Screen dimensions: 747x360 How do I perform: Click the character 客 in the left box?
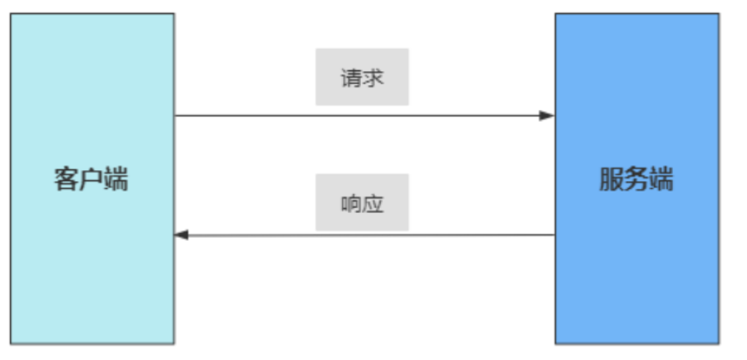65,179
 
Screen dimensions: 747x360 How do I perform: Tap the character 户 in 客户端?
90,179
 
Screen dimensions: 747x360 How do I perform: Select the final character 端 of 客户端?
116,179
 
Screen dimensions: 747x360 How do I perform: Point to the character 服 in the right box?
611,179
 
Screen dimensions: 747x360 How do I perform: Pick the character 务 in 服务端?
636,179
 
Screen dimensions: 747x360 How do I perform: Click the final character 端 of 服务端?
661,179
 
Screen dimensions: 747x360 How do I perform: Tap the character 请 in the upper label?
352,77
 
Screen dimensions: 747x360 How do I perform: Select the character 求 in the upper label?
373,77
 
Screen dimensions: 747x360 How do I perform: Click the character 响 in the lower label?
352,204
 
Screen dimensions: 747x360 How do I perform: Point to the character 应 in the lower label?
373,204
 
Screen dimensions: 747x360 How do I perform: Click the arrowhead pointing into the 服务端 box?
547,115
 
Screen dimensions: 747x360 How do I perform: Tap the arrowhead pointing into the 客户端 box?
181,235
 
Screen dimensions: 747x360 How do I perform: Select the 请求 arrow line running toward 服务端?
364,115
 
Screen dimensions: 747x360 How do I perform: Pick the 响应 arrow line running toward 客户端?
364,235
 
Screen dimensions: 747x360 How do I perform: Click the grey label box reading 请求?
362,76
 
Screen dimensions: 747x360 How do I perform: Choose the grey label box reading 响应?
362,203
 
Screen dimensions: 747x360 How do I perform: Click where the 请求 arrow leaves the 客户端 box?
175,115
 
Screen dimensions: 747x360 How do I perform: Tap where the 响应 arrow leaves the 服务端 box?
555,235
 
